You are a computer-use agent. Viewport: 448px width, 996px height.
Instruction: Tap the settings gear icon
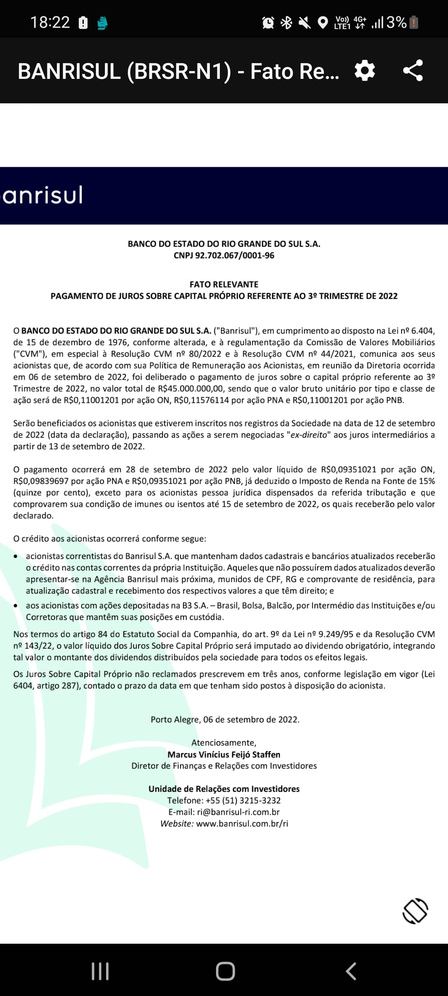coord(365,71)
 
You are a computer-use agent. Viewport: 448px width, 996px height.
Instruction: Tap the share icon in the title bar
coord(413,71)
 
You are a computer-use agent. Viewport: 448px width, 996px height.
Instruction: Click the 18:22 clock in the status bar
coord(50,22)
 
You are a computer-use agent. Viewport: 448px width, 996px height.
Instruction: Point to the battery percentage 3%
coord(396,22)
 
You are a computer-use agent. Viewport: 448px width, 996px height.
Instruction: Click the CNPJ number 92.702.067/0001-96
coord(234,256)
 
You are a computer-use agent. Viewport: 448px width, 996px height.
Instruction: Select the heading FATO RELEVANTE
coord(224,285)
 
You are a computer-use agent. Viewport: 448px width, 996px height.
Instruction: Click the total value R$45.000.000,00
coord(191,389)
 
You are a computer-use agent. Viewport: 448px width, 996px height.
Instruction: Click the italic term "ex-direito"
coord(309,435)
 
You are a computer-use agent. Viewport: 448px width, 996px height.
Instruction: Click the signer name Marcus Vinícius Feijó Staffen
coord(224,754)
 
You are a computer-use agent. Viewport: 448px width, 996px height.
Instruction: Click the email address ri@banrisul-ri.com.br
coord(238,812)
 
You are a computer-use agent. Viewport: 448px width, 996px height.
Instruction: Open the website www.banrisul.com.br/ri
coord(242,824)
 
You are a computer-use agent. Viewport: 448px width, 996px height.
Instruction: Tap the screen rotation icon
coord(415,911)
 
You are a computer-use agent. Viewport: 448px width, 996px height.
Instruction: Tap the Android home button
coord(225,971)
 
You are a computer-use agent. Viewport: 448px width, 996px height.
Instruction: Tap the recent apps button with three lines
coord(100,971)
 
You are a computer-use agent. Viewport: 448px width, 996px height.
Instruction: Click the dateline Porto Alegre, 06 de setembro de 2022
coord(225,720)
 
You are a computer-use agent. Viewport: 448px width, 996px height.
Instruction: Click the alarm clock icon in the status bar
coord(268,22)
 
